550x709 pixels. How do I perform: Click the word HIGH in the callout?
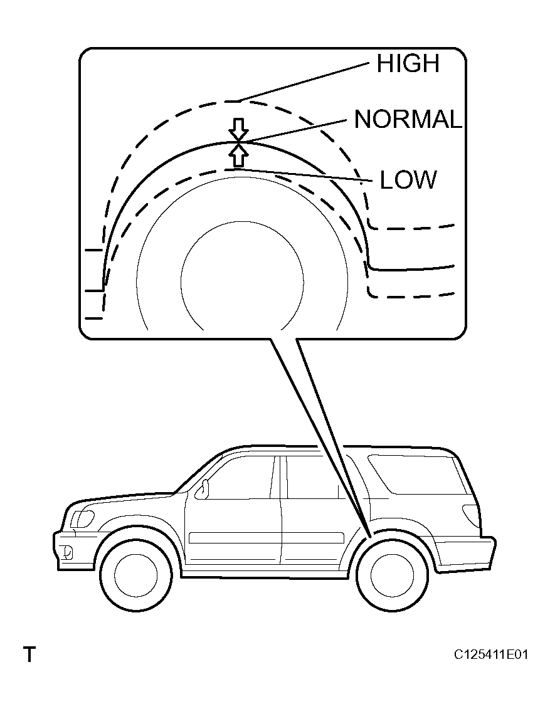(x=408, y=63)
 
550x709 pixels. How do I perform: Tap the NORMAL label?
(x=408, y=120)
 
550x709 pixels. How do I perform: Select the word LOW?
(x=408, y=179)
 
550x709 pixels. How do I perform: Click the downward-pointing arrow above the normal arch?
(x=238, y=130)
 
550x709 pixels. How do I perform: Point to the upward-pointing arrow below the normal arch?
(x=238, y=155)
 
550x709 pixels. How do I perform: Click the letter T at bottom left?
(x=29, y=654)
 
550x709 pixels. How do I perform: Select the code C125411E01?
(x=491, y=654)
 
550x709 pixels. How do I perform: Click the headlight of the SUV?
(x=83, y=518)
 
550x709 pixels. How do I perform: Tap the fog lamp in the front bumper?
(x=66, y=552)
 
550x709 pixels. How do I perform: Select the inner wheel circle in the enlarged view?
(x=243, y=221)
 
